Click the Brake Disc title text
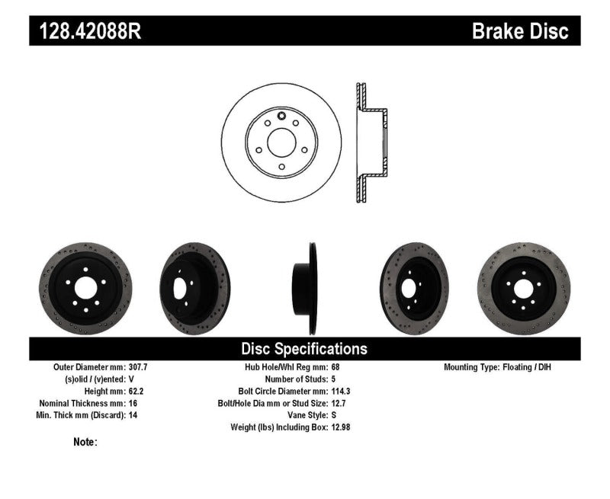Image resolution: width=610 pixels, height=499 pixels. point(520,30)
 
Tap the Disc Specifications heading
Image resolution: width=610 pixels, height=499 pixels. point(304,349)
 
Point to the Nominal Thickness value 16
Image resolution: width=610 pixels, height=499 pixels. point(134,403)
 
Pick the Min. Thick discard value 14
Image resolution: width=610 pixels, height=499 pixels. point(134,415)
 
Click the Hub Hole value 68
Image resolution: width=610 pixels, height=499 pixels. point(336,366)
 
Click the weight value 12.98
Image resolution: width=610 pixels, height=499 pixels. point(342,427)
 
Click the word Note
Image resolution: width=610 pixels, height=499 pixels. point(85,442)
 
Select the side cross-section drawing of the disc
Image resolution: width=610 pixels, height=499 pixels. point(371,142)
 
